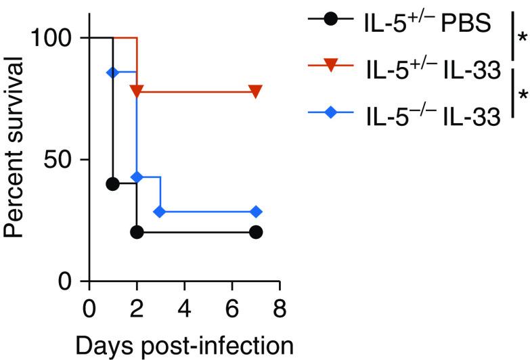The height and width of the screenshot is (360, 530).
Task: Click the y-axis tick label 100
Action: point(49,38)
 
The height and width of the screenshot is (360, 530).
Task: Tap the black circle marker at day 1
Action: point(113,183)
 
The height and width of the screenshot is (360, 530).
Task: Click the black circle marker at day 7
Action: point(255,232)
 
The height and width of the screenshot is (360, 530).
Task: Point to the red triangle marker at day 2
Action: point(137,91)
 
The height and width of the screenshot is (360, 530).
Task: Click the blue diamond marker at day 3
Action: point(160,212)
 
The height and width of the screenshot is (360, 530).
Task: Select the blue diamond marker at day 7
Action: point(255,212)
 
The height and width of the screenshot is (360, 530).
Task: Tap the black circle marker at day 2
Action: point(137,232)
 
